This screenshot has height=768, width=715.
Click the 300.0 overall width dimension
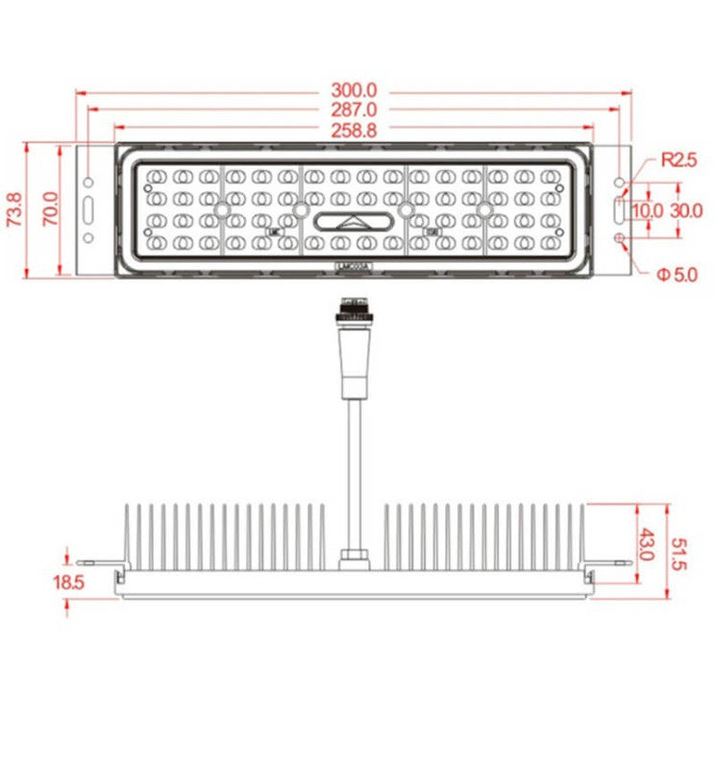[x=354, y=92]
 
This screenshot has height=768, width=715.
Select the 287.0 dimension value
[x=354, y=110]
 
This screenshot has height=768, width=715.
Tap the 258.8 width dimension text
[x=354, y=130]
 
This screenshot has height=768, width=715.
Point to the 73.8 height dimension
[x=14, y=209]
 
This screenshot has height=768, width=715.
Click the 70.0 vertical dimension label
[x=51, y=209]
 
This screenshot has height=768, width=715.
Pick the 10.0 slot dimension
[x=647, y=209]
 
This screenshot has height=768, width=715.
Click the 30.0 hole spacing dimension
[x=685, y=209]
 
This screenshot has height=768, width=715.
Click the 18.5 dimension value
[x=69, y=582]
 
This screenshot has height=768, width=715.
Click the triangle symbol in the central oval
[x=353, y=222]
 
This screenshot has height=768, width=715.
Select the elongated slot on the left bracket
[x=88, y=209]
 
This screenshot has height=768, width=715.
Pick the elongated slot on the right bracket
[x=620, y=209]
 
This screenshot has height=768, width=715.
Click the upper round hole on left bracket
[x=88, y=182]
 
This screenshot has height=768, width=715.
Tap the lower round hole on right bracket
[x=620, y=237]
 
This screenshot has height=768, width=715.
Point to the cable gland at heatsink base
[x=353, y=556]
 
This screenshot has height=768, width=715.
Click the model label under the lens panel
[x=353, y=269]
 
